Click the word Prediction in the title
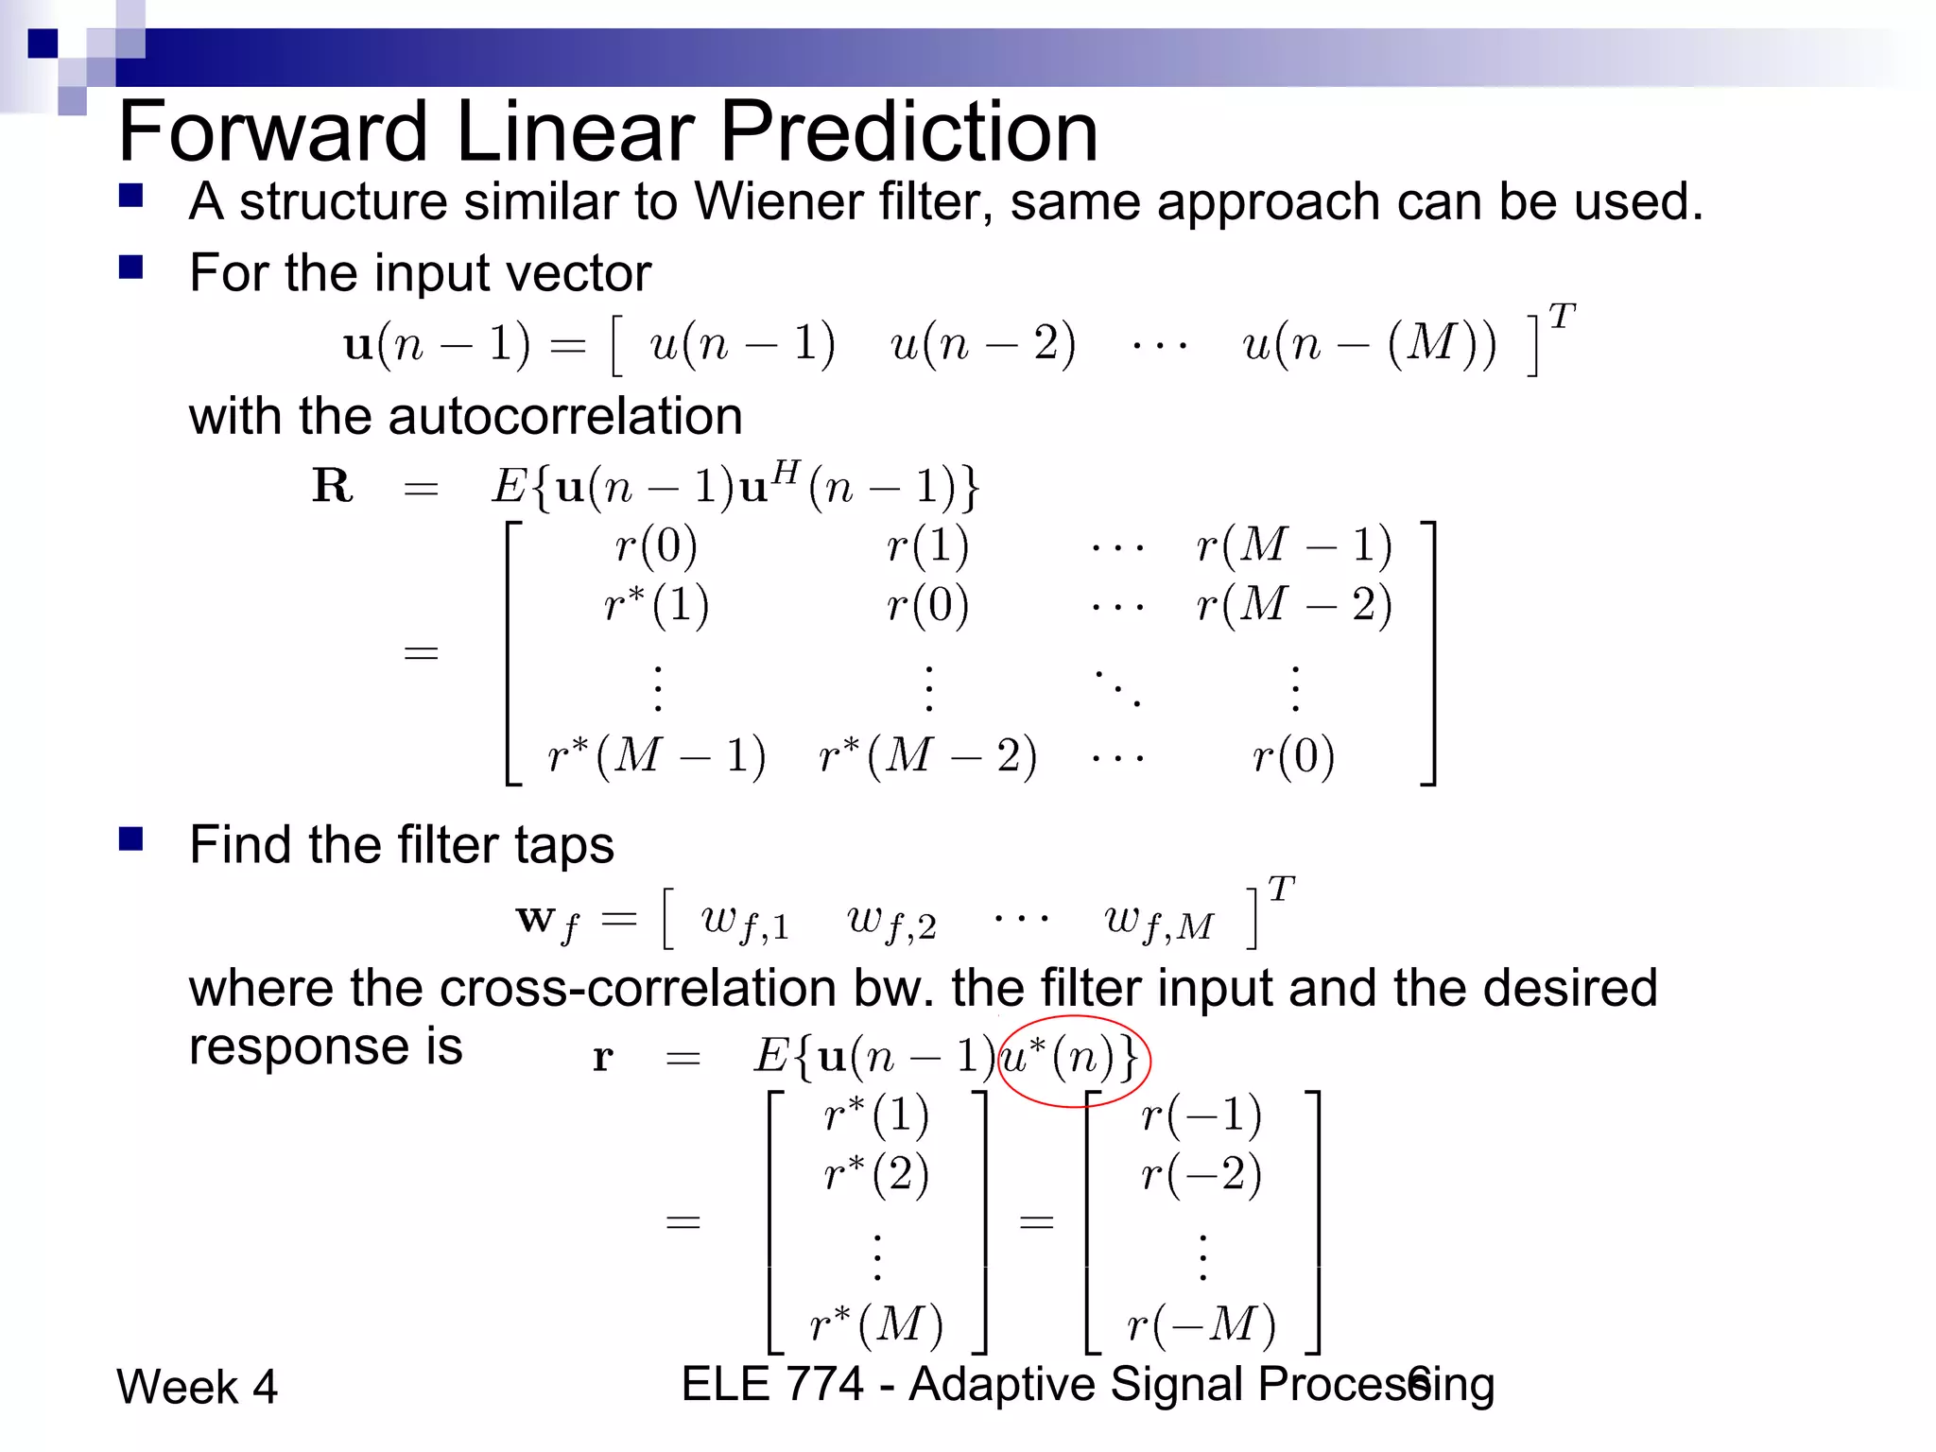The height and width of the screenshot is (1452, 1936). [908, 132]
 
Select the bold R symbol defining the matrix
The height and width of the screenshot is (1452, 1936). [333, 486]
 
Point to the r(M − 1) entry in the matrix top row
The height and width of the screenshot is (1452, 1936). [1293, 545]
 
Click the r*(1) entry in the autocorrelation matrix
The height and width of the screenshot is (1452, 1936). [657, 604]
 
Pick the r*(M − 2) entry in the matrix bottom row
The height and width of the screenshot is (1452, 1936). [927, 755]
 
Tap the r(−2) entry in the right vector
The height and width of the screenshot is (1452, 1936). [1201, 1174]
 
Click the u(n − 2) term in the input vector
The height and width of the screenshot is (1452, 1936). [982, 343]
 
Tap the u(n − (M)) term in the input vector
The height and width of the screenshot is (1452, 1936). [1369, 343]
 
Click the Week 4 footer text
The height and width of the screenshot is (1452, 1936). [197, 1387]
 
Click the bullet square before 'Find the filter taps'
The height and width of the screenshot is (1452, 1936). [130, 838]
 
